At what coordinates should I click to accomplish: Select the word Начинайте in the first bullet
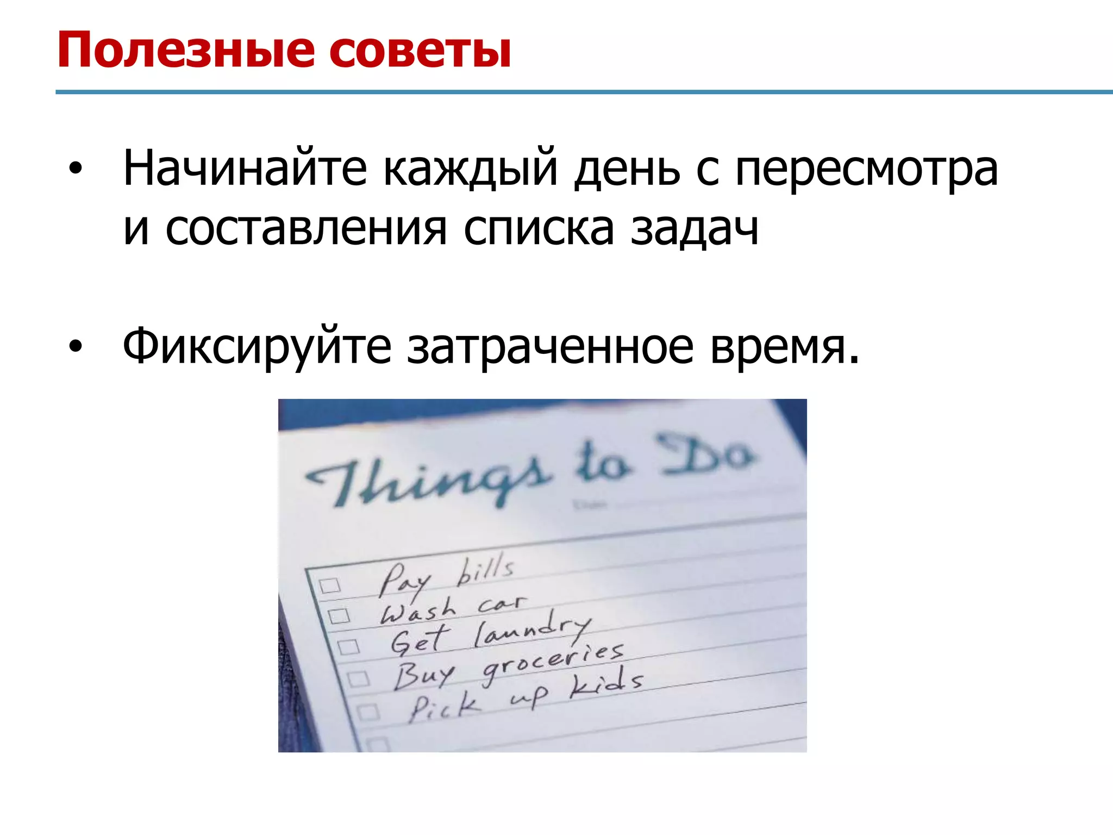(x=245, y=168)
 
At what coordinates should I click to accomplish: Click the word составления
(x=306, y=229)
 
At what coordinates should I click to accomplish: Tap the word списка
(x=539, y=229)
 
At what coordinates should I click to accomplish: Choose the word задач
(x=694, y=229)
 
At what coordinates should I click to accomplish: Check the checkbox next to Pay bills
(x=329, y=585)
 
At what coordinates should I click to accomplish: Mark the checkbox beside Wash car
(x=339, y=616)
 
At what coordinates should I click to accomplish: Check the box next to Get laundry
(x=348, y=647)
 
